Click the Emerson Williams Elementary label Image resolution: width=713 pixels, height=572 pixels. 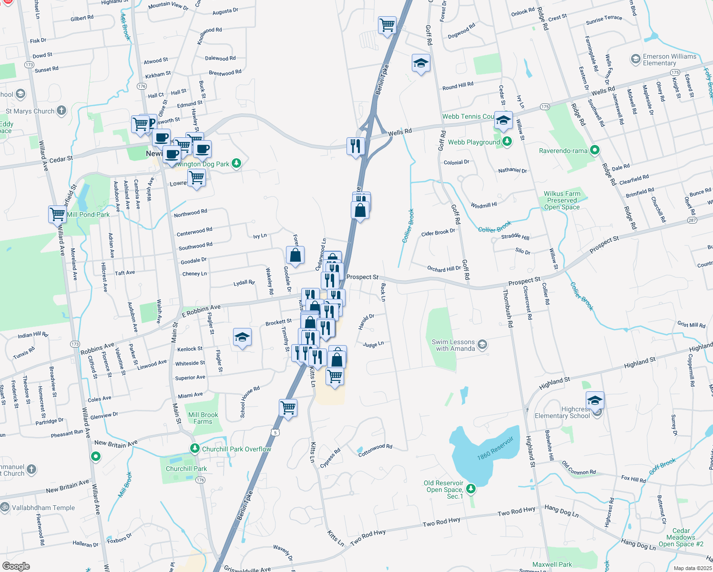tap(669, 60)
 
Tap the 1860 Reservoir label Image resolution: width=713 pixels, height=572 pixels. tap(496, 449)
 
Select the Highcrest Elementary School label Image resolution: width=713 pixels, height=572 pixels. tap(562, 413)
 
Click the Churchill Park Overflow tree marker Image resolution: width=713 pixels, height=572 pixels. tap(194, 449)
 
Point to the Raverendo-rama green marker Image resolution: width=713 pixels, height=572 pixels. tap(594, 150)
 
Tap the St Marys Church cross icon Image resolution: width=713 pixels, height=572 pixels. tap(61, 111)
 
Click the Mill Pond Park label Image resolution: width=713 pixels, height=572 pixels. tap(88, 214)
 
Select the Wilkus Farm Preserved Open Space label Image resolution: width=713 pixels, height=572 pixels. tap(562, 200)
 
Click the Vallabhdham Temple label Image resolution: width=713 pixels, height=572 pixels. tap(43, 508)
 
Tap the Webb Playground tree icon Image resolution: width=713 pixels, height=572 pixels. tap(507, 142)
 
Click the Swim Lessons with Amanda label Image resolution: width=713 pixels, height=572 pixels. tap(453, 345)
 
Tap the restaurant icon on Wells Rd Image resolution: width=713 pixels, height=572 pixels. tap(356, 146)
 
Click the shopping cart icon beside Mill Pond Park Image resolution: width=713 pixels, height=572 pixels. tap(58, 214)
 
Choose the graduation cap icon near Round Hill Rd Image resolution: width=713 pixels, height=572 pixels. tap(420, 63)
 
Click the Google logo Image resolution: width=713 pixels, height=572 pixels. tap(16, 566)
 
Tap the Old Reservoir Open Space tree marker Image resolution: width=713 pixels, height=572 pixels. tap(471, 488)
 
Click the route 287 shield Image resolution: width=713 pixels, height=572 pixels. tap(692, 220)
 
